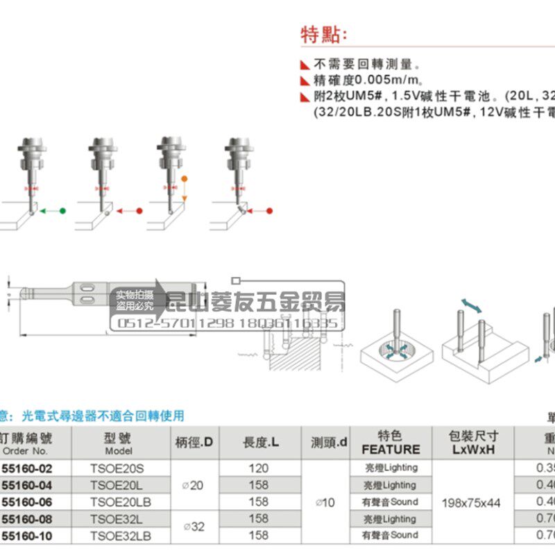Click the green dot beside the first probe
(62, 210)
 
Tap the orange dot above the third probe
(185, 180)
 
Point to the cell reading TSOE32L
(116, 518)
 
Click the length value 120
(258, 468)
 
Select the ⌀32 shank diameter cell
(196, 527)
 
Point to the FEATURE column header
(391, 450)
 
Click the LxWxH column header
(472, 450)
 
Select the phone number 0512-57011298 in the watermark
(179, 324)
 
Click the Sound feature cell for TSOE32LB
(391, 535)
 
